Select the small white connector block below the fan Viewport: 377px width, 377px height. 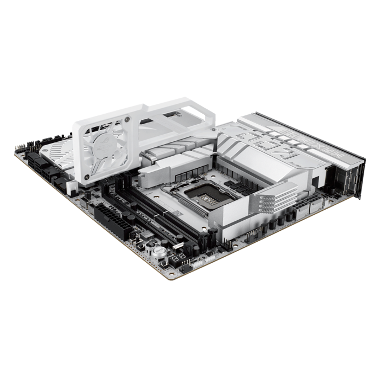[71, 185]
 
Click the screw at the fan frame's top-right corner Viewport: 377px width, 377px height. [127, 118]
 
